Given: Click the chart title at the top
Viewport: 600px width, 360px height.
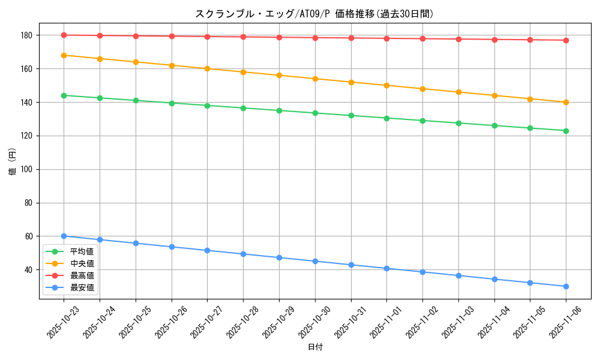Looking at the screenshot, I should [314, 14].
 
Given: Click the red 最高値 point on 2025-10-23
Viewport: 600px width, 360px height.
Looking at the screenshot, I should [64, 35].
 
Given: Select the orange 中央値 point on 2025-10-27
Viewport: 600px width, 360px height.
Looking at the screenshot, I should [207, 68].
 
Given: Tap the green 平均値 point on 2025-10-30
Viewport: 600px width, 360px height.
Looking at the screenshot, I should [315, 113].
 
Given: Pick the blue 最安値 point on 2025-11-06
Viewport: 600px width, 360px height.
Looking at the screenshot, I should [566, 286].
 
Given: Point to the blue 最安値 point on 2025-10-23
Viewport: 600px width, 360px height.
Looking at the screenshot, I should [64, 236].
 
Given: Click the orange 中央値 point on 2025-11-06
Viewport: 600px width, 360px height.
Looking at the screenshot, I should [566, 102].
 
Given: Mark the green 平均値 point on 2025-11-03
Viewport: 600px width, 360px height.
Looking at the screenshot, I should [458, 123].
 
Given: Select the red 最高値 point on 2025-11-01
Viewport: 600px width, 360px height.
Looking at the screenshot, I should [386, 38].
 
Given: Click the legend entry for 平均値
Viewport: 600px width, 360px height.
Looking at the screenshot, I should [82, 251].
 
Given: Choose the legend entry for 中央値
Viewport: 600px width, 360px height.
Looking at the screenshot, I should [82, 263].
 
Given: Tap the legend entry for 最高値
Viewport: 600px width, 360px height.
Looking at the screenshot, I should [82, 275].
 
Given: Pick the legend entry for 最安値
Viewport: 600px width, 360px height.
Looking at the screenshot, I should [82, 287].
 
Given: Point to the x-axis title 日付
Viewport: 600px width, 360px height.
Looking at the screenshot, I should [314, 347].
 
